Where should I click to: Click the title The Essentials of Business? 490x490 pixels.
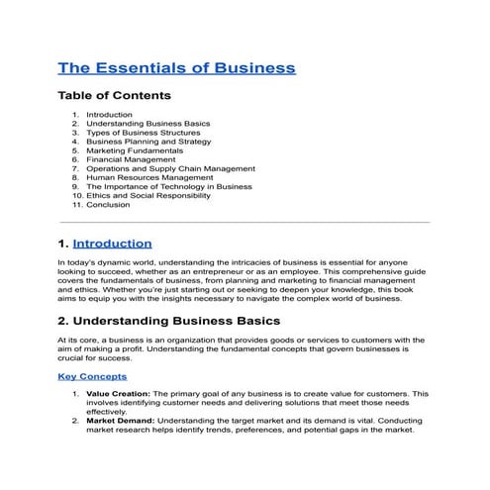[x=176, y=68]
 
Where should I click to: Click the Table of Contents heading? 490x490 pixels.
[x=114, y=96]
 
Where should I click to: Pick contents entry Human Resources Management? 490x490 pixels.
[x=143, y=177]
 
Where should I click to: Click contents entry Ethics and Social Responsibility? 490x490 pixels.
[x=148, y=195]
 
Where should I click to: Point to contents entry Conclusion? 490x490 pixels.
[x=108, y=204]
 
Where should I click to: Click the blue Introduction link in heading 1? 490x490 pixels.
[x=112, y=244]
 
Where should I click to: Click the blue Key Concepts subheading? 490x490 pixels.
[x=92, y=377]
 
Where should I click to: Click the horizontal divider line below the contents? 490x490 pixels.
[x=245, y=223]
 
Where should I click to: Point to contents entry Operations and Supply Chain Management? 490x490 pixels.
[x=170, y=168]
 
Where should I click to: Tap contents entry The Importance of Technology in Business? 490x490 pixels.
[x=168, y=186]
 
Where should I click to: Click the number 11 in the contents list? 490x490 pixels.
[x=76, y=204]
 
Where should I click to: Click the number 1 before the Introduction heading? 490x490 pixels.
[x=63, y=244]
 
